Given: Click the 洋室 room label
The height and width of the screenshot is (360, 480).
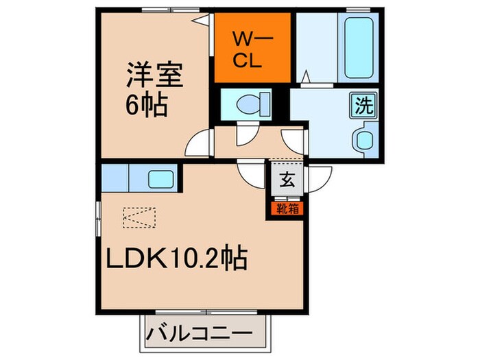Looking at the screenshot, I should [154, 73].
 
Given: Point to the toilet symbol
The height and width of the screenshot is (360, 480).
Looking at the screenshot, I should [246, 104].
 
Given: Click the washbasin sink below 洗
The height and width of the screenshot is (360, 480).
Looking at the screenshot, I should [363, 139].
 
